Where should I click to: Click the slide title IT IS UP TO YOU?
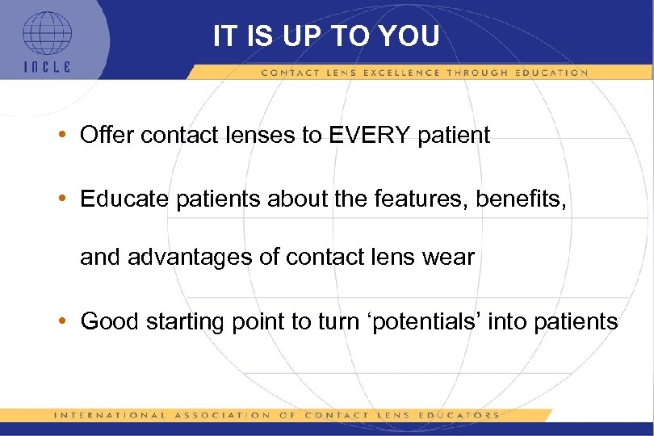pyautogui.click(x=326, y=36)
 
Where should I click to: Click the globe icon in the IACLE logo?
pyautogui.click(x=46, y=35)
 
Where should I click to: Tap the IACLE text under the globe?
pyautogui.click(x=46, y=67)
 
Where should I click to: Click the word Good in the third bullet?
pyautogui.click(x=110, y=321)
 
